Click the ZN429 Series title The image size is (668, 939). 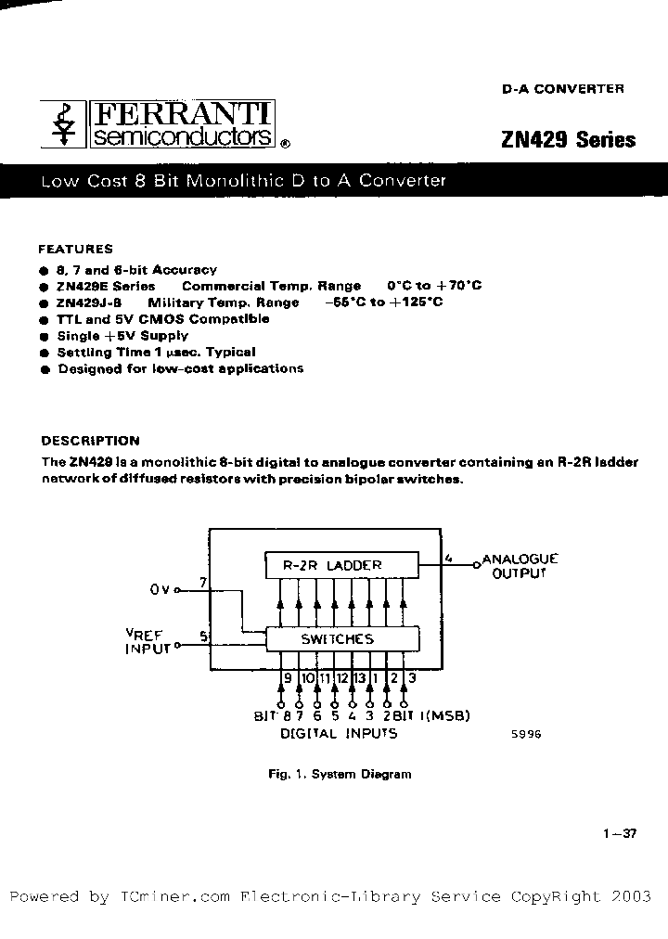tap(568, 140)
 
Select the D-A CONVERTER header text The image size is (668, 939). tap(563, 89)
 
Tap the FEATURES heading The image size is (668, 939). tap(75, 249)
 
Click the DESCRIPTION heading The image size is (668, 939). tap(90, 441)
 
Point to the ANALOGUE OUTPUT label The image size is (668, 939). tap(520, 566)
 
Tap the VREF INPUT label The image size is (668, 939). tap(148, 641)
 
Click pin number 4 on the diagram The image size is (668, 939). tap(448, 559)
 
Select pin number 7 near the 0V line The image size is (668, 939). tap(203, 583)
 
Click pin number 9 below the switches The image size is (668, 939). tap(288, 678)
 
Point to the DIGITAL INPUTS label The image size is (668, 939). tap(339, 733)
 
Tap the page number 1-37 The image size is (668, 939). tap(619, 833)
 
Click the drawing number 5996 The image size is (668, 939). tap(525, 733)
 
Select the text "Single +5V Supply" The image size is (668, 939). tap(122, 336)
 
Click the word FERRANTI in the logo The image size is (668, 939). tap(182, 115)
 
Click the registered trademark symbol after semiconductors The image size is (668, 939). tap(285, 144)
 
